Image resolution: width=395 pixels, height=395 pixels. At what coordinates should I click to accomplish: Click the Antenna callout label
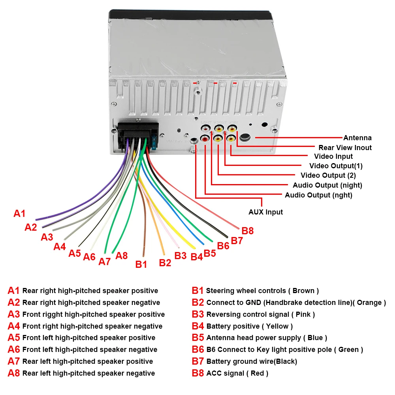[x=357, y=138]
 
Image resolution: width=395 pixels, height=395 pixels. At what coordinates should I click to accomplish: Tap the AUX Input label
[x=265, y=212]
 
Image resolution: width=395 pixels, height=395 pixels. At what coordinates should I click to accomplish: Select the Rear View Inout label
[x=345, y=147]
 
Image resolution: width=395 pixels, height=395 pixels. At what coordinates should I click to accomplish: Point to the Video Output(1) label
[x=336, y=166]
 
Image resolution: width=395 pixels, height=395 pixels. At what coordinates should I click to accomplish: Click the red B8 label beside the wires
[x=248, y=231]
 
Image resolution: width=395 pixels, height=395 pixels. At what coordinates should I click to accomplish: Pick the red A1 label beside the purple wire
[x=19, y=214]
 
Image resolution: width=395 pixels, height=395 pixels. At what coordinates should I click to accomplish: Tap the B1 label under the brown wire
[x=141, y=264]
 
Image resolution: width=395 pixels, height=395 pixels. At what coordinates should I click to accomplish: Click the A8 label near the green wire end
[x=122, y=256]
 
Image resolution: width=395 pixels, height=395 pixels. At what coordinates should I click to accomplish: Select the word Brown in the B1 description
[x=303, y=291]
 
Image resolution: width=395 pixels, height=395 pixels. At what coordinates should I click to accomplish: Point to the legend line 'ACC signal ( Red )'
[x=237, y=373]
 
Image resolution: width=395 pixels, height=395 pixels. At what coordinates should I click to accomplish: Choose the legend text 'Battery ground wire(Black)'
[x=252, y=361]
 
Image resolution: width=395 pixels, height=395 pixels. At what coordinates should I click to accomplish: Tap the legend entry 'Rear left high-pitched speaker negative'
[x=88, y=373]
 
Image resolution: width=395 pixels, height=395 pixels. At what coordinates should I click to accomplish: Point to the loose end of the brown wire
[x=143, y=256]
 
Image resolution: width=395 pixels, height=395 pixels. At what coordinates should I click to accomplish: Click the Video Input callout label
[x=333, y=156]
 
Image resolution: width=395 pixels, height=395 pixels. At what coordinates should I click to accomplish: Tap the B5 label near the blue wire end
[x=210, y=253]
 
